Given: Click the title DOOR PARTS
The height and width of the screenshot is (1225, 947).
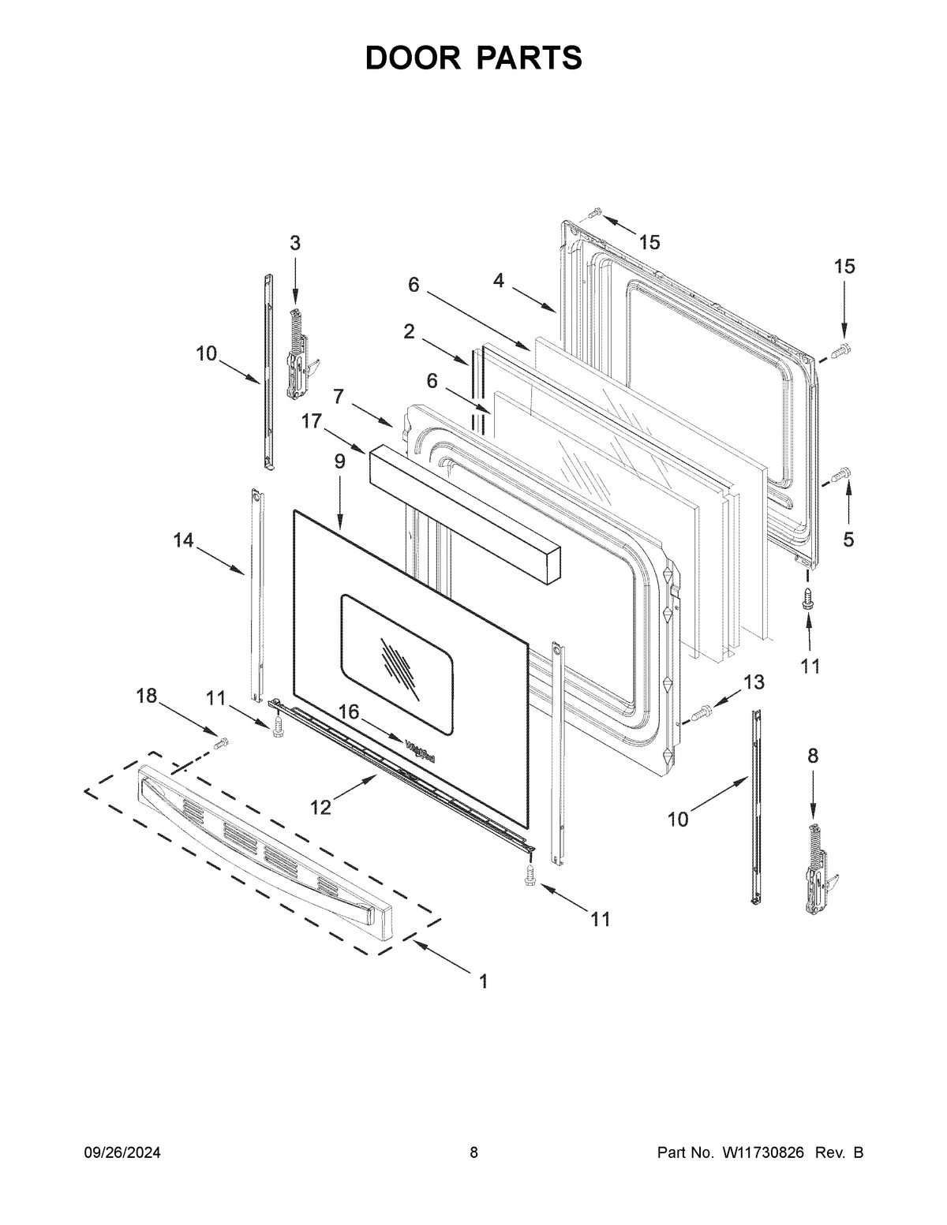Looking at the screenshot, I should [x=473, y=58].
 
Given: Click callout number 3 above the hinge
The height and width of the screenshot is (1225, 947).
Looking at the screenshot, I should [x=294, y=244].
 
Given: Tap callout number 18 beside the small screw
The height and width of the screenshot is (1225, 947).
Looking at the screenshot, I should [x=146, y=695].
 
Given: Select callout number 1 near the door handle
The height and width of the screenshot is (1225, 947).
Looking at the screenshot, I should [x=483, y=981].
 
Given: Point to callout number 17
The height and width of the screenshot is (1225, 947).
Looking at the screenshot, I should [x=311, y=422].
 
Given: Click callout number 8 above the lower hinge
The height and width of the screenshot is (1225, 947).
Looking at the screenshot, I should [x=813, y=756].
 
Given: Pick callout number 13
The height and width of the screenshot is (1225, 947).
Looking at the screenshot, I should [x=754, y=682].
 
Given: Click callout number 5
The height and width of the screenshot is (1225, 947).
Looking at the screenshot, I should [x=848, y=540].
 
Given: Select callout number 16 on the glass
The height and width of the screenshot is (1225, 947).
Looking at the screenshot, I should [x=349, y=712].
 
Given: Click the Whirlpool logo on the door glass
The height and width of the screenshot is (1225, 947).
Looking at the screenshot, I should [x=421, y=751].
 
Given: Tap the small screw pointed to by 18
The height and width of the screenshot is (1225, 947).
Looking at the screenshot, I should [x=222, y=742].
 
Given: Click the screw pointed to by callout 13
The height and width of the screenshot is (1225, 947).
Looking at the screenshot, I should [x=702, y=714].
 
